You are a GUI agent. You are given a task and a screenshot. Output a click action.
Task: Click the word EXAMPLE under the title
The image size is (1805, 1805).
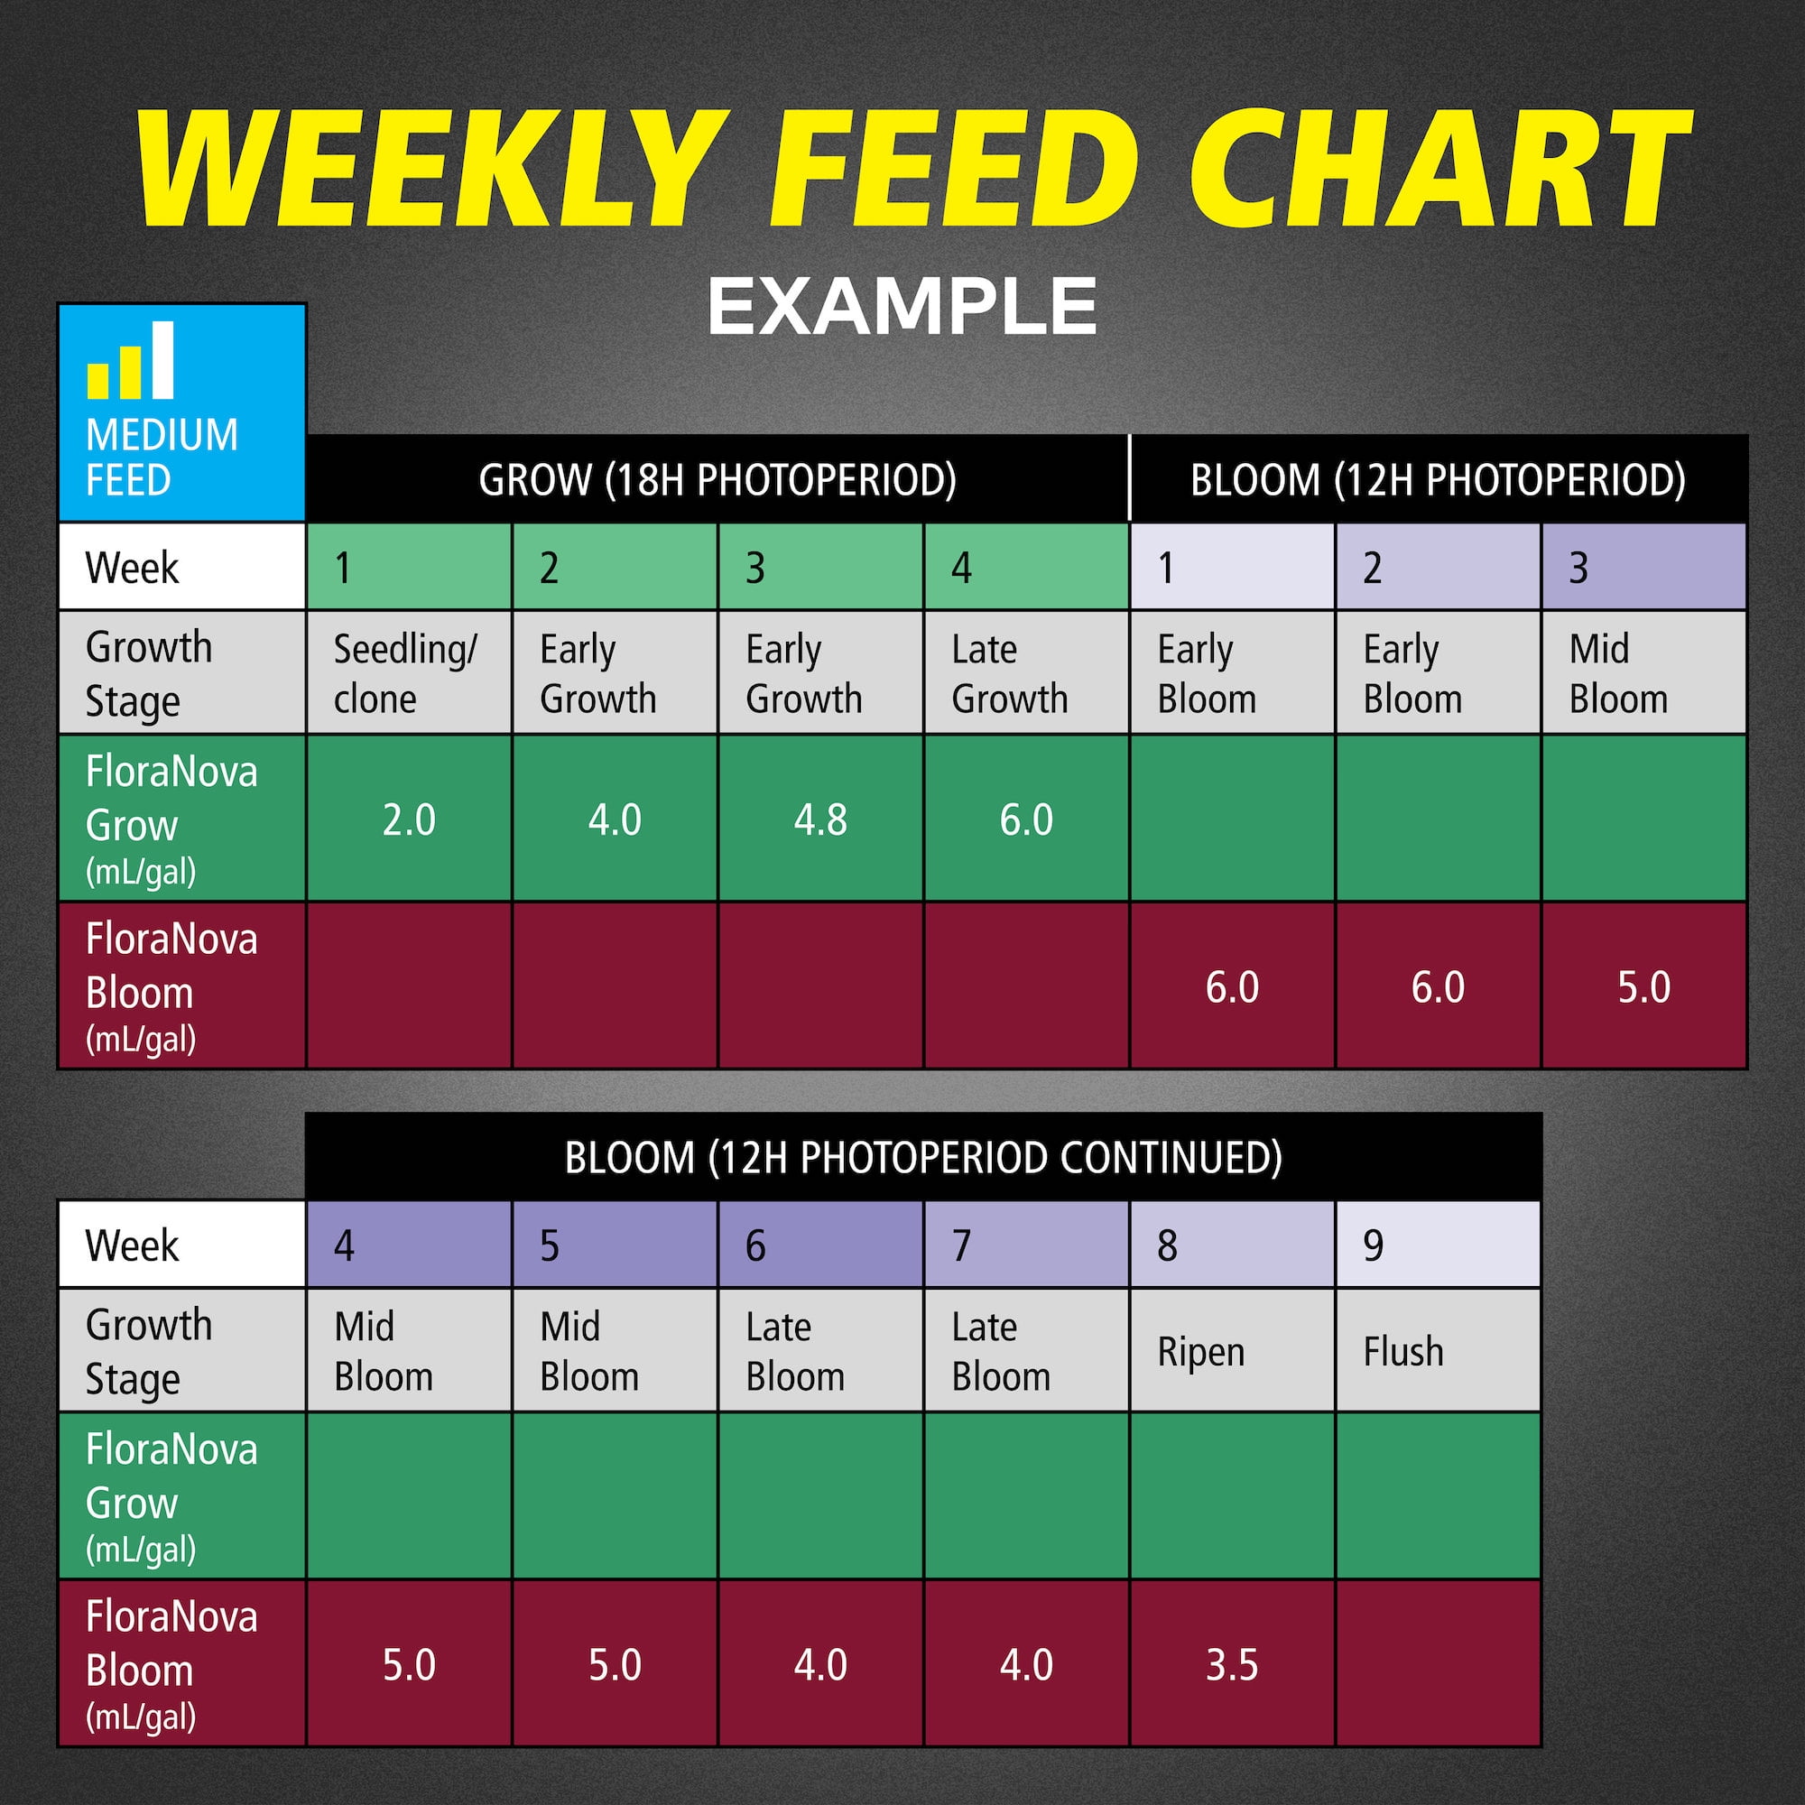902,306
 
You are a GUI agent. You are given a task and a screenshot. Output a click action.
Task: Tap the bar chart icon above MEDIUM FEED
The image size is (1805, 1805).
130,360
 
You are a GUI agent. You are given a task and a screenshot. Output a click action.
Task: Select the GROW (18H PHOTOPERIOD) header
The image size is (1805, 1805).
717,480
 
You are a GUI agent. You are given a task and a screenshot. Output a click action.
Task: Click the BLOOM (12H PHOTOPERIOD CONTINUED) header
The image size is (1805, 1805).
923,1158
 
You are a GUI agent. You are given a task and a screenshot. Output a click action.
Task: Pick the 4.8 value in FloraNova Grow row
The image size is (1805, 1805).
820,819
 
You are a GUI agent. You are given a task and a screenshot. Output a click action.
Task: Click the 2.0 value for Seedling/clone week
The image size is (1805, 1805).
409,819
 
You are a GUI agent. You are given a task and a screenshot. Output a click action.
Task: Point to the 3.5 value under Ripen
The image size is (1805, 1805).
1231,1665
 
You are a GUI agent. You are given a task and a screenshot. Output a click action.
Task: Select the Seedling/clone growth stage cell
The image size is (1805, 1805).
409,672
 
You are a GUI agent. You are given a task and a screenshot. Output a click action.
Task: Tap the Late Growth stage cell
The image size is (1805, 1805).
1026,672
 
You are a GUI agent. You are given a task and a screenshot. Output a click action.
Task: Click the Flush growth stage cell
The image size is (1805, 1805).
1438,1350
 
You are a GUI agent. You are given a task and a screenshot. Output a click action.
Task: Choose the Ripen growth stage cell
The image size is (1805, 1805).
1231,1350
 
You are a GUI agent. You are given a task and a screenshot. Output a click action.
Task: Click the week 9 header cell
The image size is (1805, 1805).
1438,1245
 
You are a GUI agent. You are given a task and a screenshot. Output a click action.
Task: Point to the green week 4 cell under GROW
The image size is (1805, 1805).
1026,567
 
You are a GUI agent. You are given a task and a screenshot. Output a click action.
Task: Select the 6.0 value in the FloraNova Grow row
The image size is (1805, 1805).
1026,819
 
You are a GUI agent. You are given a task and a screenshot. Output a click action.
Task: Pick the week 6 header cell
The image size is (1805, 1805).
820,1245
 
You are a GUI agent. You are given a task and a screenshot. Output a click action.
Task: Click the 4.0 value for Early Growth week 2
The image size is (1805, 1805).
615,819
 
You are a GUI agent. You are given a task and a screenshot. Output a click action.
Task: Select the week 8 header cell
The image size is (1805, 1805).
1231,1245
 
